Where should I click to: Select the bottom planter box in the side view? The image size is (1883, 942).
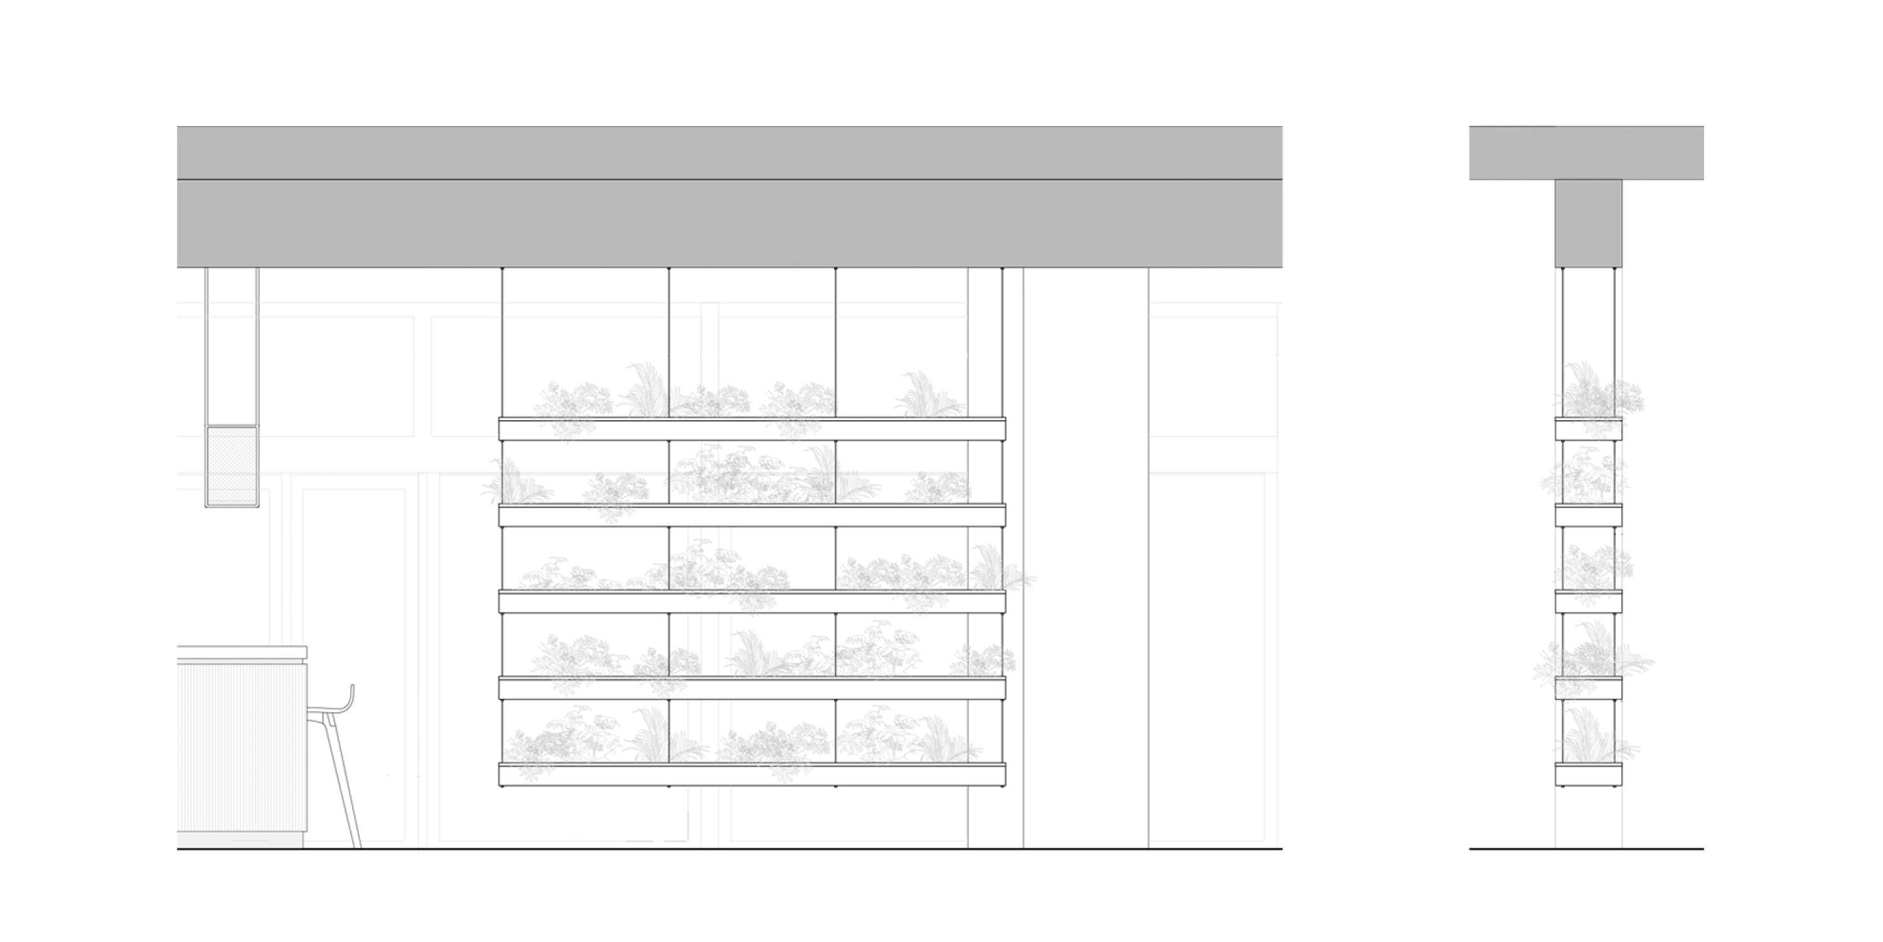1588,774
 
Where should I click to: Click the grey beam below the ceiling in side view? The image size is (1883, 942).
1588,224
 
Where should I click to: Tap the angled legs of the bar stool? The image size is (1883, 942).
343,782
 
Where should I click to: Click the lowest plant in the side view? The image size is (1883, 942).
1594,739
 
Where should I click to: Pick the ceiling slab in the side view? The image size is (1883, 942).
1586,152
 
